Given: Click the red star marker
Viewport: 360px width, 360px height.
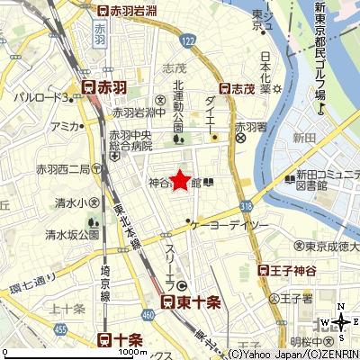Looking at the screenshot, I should point(180,180).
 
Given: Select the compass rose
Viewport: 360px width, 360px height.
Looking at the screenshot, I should point(342,321).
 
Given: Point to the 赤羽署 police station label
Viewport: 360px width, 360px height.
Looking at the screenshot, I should point(247,128).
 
